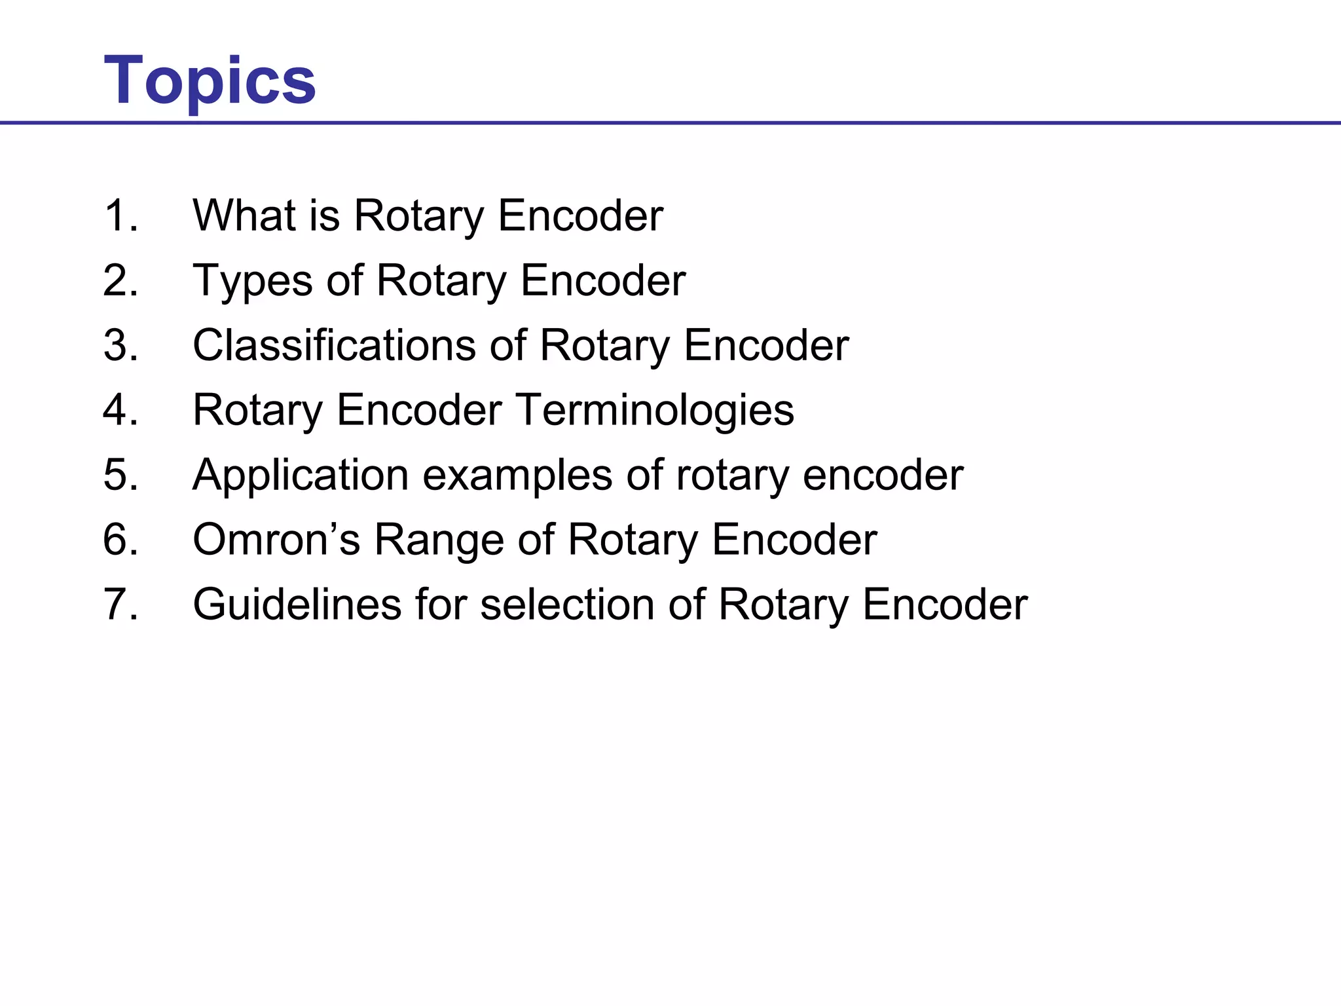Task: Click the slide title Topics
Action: pyautogui.click(x=210, y=81)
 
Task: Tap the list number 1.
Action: pyautogui.click(x=120, y=215)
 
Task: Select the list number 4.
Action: pyautogui.click(x=120, y=410)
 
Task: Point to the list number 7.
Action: pyautogui.click(x=120, y=604)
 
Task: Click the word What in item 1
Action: pyautogui.click(x=245, y=215)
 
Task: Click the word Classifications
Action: pyautogui.click(x=334, y=345)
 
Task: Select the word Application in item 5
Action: pyautogui.click(x=301, y=475)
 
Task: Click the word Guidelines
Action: pyautogui.click(x=297, y=604)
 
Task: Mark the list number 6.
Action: pyautogui.click(x=120, y=540)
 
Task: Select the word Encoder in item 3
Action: pyautogui.click(x=766, y=345)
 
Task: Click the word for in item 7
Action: pyautogui.click(x=441, y=604)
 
